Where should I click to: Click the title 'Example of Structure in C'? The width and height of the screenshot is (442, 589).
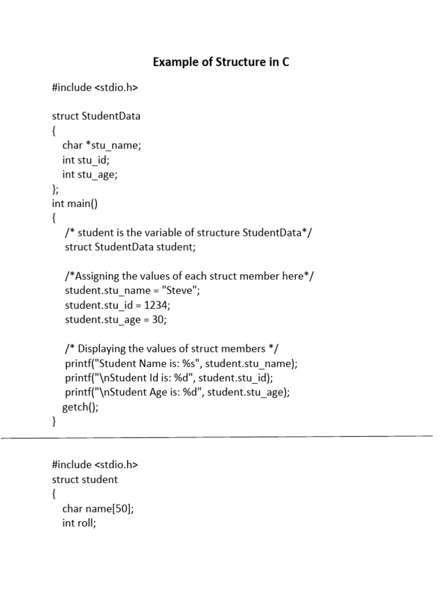click(221, 62)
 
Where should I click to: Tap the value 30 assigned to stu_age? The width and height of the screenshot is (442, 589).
click(159, 320)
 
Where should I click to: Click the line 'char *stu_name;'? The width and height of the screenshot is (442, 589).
click(101, 146)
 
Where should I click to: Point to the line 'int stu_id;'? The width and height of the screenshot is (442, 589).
click(86, 160)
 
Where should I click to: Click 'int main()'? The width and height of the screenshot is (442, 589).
click(75, 204)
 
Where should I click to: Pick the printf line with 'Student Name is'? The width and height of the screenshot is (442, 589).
click(181, 364)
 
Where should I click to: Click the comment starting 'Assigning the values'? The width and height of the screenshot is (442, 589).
click(190, 276)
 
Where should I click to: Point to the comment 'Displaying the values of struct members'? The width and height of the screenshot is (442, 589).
click(172, 349)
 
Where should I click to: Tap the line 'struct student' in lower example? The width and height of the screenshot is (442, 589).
click(85, 479)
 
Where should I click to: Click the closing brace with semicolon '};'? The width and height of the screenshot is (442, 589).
click(55, 189)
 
